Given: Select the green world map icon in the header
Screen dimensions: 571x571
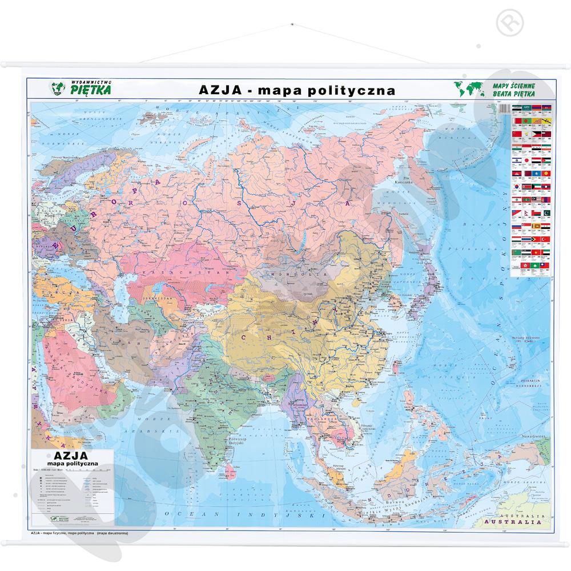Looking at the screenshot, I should [x=465, y=89].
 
